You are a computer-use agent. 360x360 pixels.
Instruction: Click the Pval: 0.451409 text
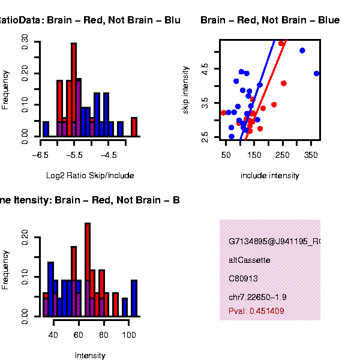coord(256,311)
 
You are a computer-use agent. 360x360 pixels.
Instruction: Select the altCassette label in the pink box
coord(250,260)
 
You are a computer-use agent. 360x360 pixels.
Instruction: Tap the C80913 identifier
coord(242,279)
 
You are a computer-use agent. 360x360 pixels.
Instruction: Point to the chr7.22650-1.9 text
coord(257,298)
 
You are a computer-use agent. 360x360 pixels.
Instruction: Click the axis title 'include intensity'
coord(269,176)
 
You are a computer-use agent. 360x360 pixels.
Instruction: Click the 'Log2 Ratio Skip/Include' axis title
coord(90,176)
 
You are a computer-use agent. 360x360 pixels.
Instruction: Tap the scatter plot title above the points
coord(270,20)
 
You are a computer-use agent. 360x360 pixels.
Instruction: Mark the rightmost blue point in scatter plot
coord(317,73)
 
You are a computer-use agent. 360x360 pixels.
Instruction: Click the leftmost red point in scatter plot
coord(223,113)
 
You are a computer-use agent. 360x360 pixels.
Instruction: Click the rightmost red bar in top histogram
coord(134,127)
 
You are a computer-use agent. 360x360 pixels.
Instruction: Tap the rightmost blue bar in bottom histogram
coord(134,298)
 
